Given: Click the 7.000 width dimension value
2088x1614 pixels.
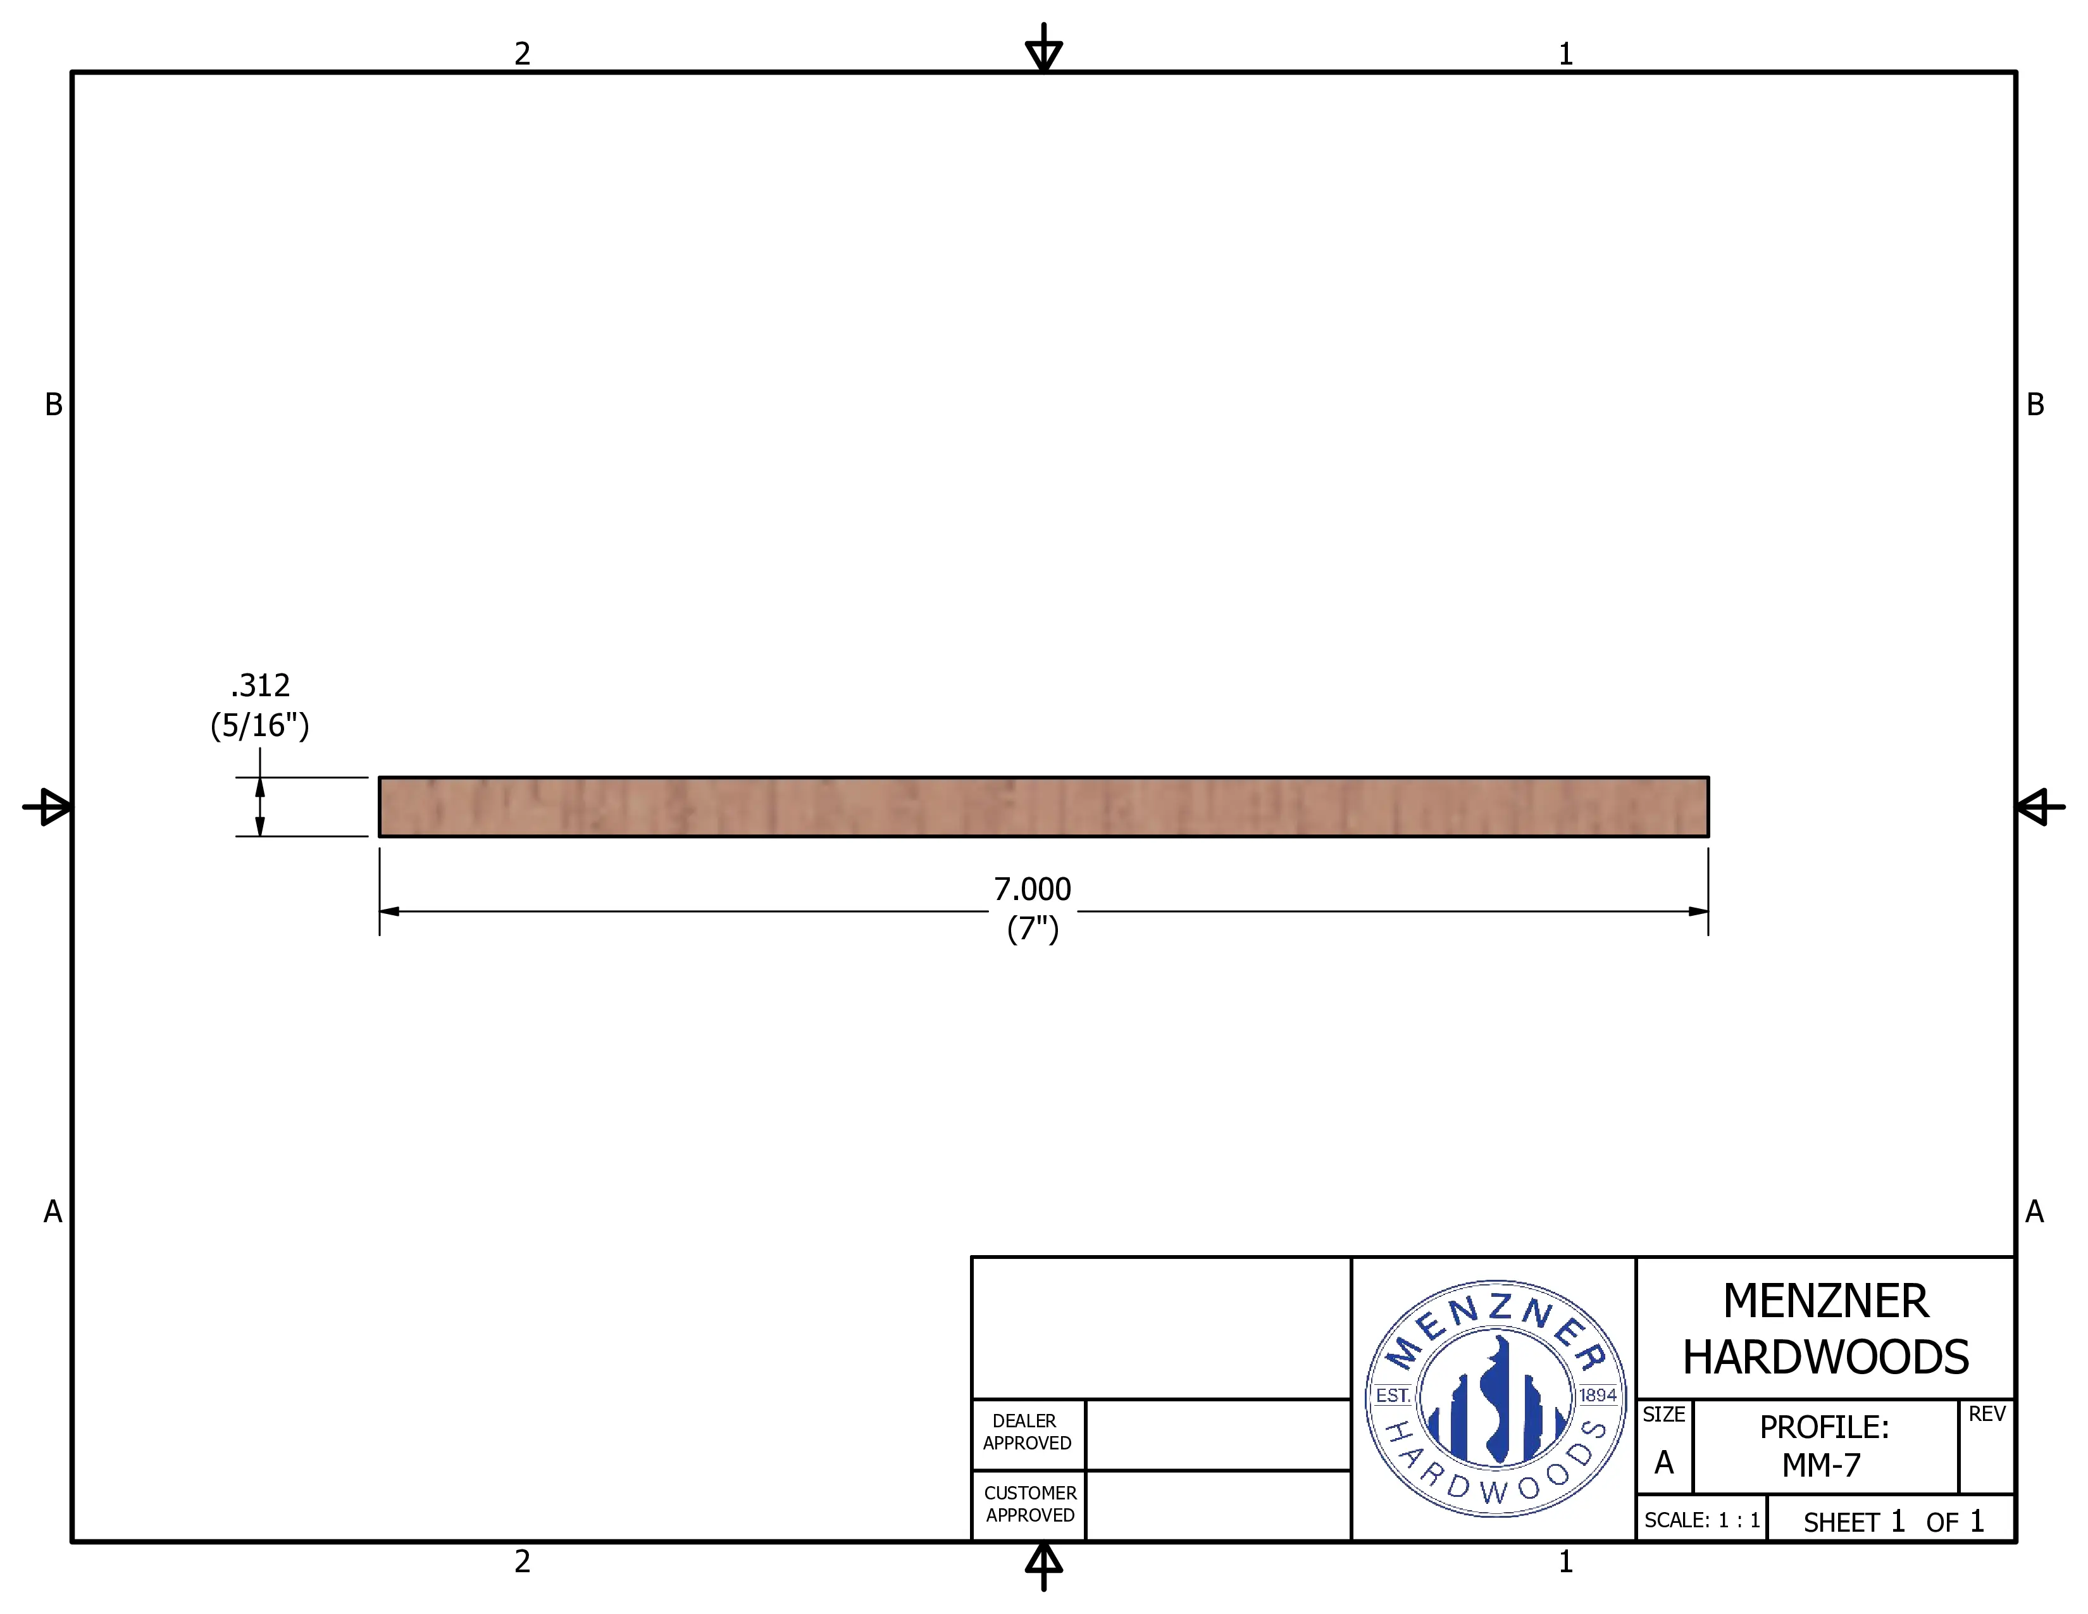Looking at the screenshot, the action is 1033,889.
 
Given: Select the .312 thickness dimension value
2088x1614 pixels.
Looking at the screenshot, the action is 260,685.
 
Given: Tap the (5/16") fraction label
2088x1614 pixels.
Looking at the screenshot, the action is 260,726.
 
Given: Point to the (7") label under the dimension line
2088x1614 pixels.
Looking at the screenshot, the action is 1033,929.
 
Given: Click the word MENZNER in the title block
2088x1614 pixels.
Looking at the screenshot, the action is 1826,1301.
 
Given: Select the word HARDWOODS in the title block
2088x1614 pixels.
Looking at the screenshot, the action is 1826,1358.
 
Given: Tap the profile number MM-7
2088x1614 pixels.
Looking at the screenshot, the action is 1822,1465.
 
